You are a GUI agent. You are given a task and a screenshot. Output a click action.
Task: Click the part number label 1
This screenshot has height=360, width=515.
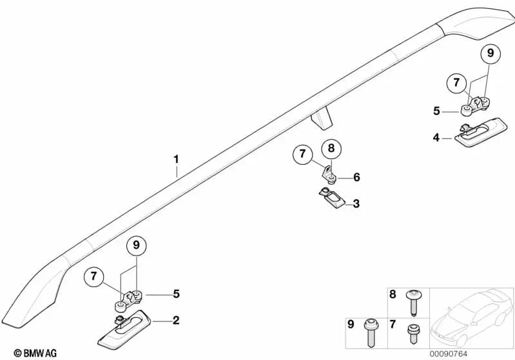[x=177, y=160]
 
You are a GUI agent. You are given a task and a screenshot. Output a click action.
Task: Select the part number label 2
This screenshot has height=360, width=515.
[x=176, y=320]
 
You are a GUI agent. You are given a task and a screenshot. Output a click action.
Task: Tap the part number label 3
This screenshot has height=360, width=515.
[x=356, y=204]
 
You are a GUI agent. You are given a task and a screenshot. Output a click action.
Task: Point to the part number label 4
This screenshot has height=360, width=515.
[x=436, y=138]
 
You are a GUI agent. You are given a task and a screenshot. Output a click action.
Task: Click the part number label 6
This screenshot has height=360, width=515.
[x=356, y=177]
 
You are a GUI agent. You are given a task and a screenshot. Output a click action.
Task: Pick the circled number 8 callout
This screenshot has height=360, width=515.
[x=331, y=148]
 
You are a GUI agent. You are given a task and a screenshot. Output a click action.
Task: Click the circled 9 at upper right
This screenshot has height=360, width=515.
[x=491, y=53]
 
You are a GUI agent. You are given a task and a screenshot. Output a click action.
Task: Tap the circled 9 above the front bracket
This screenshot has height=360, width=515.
[x=136, y=245]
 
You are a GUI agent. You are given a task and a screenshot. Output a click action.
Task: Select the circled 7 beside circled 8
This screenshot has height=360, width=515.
[x=302, y=154]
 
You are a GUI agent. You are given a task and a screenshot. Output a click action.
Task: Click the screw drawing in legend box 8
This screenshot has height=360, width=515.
[x=413, y=303]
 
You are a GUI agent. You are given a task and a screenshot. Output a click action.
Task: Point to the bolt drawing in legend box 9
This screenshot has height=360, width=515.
[x=371, y=333]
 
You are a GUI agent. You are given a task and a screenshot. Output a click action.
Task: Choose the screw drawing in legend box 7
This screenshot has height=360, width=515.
[x=413, y=334]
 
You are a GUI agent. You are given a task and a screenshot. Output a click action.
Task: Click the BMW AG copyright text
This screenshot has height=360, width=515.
[x=35, y=353]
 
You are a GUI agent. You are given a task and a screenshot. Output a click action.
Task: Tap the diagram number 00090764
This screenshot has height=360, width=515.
[x=449, y=354]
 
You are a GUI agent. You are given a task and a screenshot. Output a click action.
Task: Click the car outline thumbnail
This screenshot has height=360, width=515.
[x=472, y=317]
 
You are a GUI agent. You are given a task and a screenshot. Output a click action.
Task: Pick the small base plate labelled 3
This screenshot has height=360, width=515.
[x=332, y=198]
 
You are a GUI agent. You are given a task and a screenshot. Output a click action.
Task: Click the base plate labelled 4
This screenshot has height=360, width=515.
[x=480, y=133]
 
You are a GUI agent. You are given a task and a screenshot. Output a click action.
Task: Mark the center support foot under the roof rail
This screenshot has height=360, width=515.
[x=322, y=118]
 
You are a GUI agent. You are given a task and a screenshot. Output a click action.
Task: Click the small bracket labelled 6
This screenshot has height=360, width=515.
[x=329, y=174]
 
